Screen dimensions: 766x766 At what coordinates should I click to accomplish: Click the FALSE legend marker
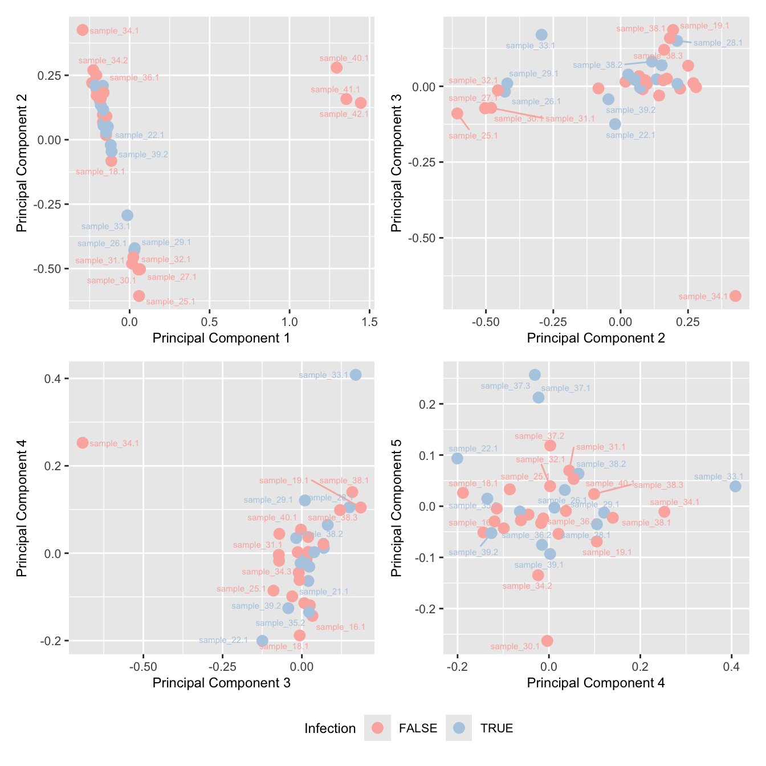(377, 728)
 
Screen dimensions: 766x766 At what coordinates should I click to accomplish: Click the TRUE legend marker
(459, 728)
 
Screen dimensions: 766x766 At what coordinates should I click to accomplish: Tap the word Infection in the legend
(330, 728)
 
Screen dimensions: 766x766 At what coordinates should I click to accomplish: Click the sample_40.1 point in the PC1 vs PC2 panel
(337, 68)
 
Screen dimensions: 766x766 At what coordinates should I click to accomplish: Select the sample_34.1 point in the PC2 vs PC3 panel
(735, 296)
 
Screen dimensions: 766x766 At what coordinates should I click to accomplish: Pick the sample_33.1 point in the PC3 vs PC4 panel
(356, 374)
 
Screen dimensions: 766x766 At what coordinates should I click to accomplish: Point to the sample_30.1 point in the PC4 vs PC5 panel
(547, 641)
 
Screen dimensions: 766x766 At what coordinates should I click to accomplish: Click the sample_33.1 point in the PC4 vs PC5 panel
(735, 486)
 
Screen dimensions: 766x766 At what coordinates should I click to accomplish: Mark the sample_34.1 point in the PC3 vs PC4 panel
(83, 443)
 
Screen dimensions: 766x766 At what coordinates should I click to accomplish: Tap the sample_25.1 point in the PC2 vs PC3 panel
(457, 113)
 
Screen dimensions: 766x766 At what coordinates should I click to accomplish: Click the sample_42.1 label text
(344, 114)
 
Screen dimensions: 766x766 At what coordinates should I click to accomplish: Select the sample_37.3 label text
(505, 386)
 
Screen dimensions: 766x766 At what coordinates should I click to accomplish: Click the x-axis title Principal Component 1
(221, 338)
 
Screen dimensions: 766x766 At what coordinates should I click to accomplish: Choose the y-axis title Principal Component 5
(397, 507)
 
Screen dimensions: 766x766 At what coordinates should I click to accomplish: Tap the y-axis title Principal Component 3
(397, 162)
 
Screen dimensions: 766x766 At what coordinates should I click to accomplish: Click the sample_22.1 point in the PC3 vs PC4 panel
(262, 641)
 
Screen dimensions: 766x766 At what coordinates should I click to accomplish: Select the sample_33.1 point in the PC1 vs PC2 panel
(127, 215)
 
